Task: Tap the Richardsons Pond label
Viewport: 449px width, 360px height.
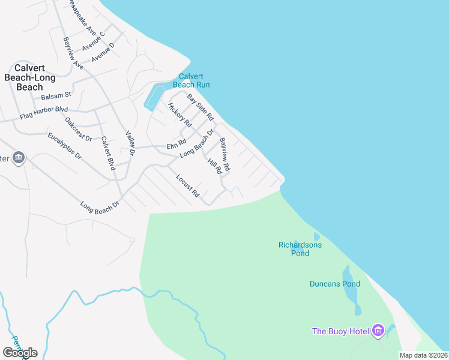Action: pyautogui.click(x=300, y=249)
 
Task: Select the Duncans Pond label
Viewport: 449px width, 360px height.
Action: pyautogui.click(x=335, y=284)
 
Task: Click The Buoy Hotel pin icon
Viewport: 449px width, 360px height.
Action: pyautogui.click(x=378, y=331)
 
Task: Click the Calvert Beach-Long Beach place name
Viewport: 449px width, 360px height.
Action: pyautogui.click(x=30, y=77)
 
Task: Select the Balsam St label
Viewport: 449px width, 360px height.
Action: pyautogui.click(x=56, y=95)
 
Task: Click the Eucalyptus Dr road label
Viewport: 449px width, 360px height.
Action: pyautogui.click(x=65, y=145)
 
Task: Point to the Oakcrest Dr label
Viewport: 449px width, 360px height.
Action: pyautogui.click(x=79, y=130)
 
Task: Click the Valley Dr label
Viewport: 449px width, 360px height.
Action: pyautogui.click(x=131, y=140)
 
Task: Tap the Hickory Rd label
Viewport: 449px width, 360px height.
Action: pyautogui.click(x=179, y=115)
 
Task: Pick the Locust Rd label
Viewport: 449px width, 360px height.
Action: pyautogui.click(x=187, y=185)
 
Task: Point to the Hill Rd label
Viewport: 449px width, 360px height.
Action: pyautogui.click(x=215, y=166)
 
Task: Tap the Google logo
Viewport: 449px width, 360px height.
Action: pyautogui.click(x=19, y=353)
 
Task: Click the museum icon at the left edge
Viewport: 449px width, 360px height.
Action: pyautogui.click(x=18, y=158)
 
